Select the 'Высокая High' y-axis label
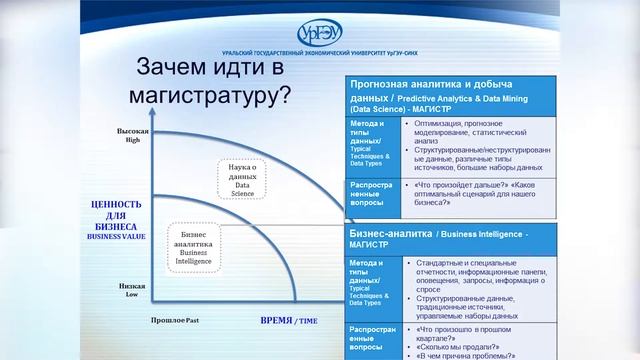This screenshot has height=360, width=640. click(x=133, y=135)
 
